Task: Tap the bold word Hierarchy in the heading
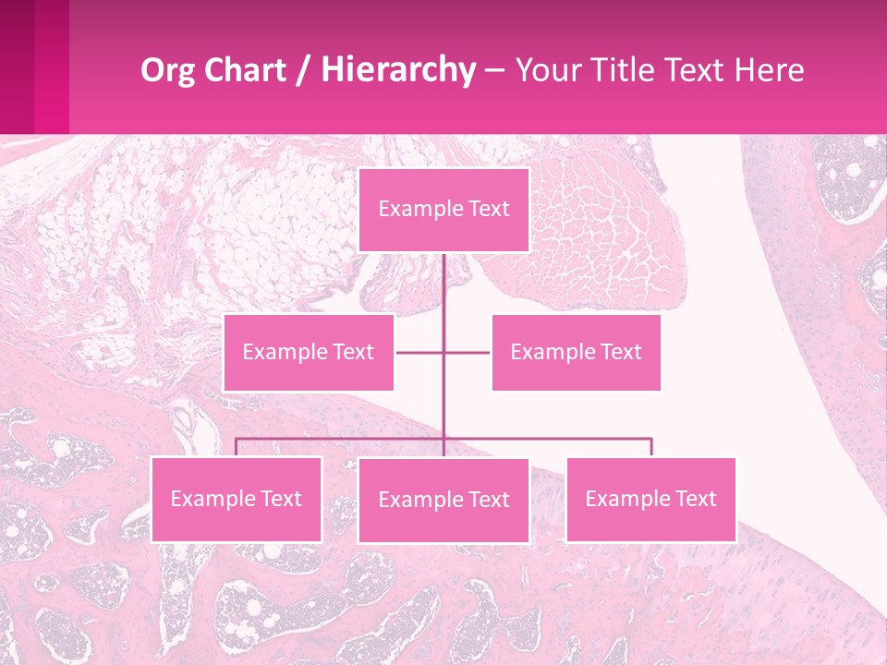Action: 398,70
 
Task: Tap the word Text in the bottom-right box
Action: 695,499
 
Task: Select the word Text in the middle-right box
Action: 620,352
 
